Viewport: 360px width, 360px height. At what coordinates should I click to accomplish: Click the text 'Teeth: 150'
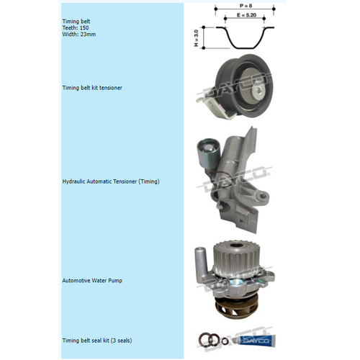tap(77, 29)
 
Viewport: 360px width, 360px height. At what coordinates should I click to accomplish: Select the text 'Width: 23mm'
tap(80, 35)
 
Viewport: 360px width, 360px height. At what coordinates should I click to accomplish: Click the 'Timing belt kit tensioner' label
tap(92, 88)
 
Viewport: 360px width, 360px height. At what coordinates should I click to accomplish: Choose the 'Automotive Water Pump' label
tap(92, 280)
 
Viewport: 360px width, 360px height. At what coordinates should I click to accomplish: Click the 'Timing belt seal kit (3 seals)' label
tap(97, 340)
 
